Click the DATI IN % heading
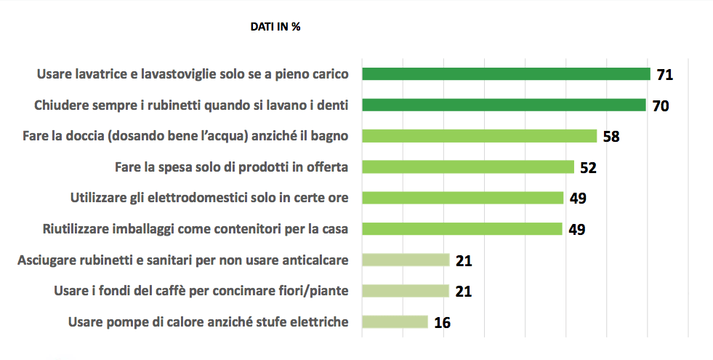point(275,27)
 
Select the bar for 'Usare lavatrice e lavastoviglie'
point(506,73)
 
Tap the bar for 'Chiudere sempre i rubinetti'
point(504,105)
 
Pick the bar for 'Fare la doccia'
point(479,136)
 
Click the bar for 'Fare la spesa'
point(467,167)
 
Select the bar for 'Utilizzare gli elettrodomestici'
point(462,198)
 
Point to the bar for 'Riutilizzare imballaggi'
point(462,229)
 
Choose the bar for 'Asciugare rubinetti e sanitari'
point(406,260)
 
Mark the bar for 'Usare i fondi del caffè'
point(406,291)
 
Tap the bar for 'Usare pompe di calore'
point(395,321)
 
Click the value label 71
point(664,74)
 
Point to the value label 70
point(660,105)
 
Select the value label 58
point(611,137)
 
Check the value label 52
point(588,167)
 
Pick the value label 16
point(442,322)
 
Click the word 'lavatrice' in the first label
point(95,74)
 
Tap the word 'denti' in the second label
point(333,105)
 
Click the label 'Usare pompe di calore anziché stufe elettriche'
point(208,322)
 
